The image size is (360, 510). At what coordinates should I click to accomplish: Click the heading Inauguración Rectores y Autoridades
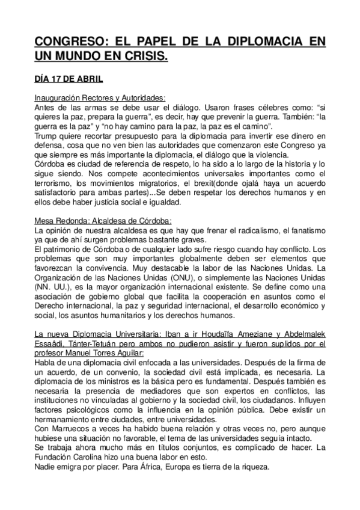(100, 98)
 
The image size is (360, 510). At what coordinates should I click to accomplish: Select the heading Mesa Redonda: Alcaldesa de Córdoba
(95, 221)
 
